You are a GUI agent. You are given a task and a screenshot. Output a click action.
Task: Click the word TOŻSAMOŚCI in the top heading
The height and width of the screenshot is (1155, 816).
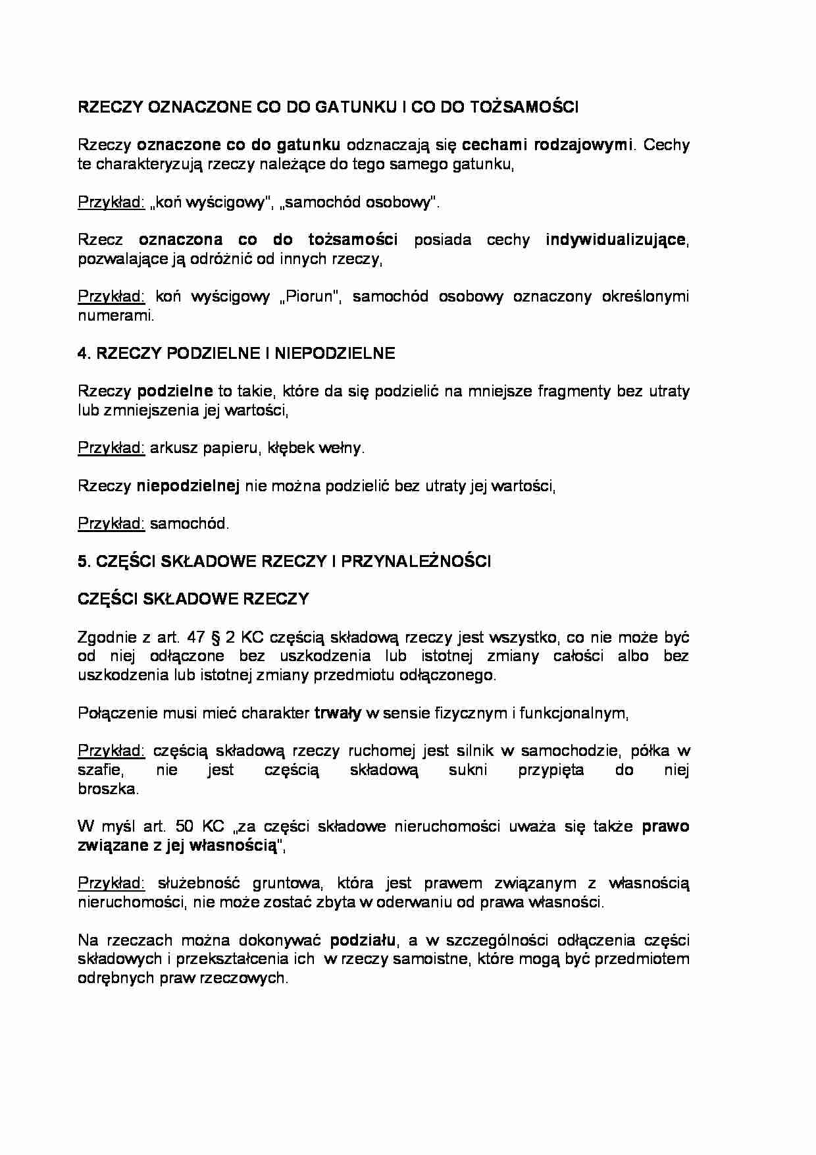pyautogui.click(x=524, y=107)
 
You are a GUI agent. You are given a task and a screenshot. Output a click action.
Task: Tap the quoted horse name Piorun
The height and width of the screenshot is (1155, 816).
pyautogui.click(x=310, y=297)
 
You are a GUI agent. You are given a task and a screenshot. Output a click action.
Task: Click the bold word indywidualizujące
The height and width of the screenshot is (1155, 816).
pyautogui.click(x=615, y=240)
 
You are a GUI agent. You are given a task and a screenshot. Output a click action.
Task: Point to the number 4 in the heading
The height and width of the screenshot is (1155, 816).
pyautogui.click(x=82, y=354)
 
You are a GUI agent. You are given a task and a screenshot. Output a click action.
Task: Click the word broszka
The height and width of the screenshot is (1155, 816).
pyautogui.click(x=107, y=789)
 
